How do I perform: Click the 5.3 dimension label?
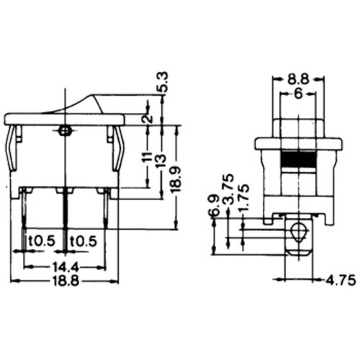point(163,82)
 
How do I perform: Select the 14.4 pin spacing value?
point(66,266)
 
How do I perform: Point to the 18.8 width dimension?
point(66,281)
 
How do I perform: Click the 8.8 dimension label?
point(298,79)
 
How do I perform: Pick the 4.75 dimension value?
point(341,280)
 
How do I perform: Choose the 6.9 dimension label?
point(214,205)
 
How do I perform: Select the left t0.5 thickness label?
point(42,241)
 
